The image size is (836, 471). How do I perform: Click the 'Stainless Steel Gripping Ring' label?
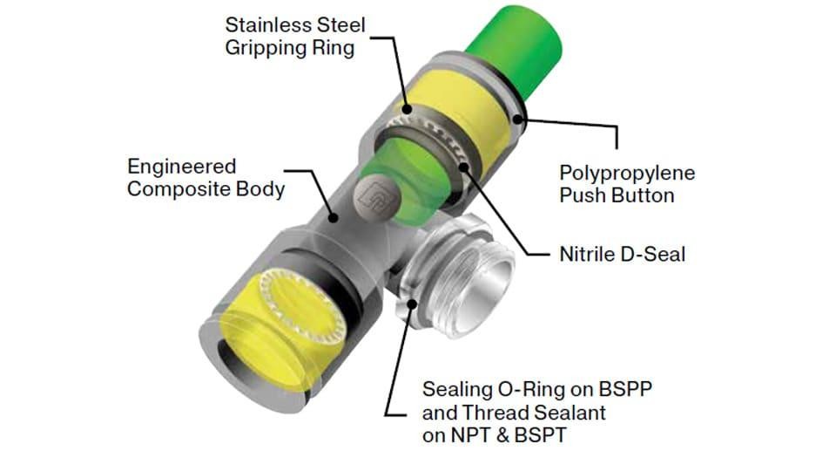coord(295,37)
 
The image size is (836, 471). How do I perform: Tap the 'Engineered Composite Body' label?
coord(206,178)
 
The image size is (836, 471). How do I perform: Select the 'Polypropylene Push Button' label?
coord(627,184)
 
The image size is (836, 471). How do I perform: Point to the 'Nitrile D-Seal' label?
coord(622,254)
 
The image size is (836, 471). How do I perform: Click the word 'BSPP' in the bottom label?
coord(625,389)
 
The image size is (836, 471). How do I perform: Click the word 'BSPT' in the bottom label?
coord(540,435)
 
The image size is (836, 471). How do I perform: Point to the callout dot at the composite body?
coord(334,217)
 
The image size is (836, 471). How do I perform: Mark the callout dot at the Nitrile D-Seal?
coord(463,167)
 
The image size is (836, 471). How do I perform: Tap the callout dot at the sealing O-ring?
coord(412,304)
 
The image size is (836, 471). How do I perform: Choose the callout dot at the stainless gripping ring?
coord(407,110)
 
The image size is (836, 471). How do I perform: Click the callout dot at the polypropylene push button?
coord(517,119)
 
